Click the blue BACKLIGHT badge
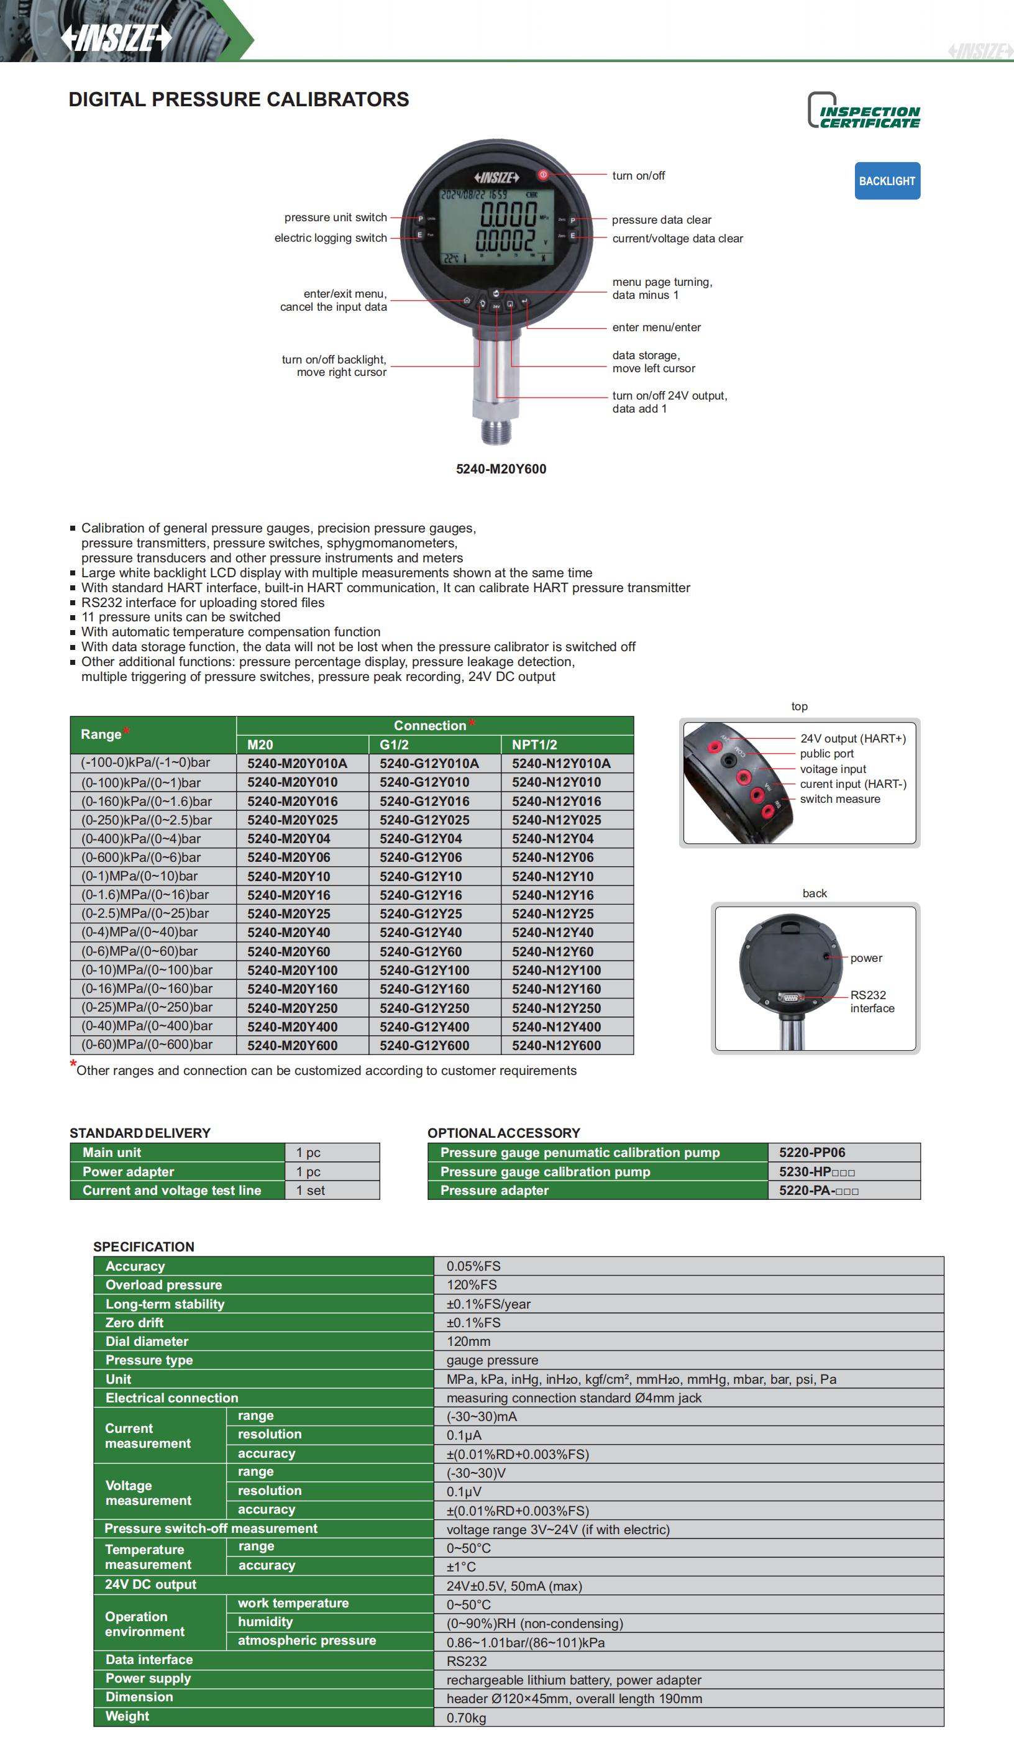pos(887,181)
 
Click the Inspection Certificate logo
pos(864,111)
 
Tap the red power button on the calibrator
pos(543,174)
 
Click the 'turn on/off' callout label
pos(638,175)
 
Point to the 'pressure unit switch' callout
pos(335,217)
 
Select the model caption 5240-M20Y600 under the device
pos(501,469)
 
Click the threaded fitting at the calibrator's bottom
pos(496,429)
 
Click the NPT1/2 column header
pos(534,744)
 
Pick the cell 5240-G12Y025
pos(424,820)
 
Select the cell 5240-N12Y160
pos(557,989)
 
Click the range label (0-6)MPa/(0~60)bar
pos(139,951)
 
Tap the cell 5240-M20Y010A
pos(296,763)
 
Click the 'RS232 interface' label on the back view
pos(871,1001)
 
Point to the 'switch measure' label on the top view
pos(839,798)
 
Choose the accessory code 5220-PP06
pos(811,1152)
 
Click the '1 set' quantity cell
pos(311,1190)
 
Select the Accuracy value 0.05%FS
pos(473,1266)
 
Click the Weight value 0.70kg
pos(466,1717)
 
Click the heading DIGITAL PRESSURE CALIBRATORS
pos(239,99)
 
